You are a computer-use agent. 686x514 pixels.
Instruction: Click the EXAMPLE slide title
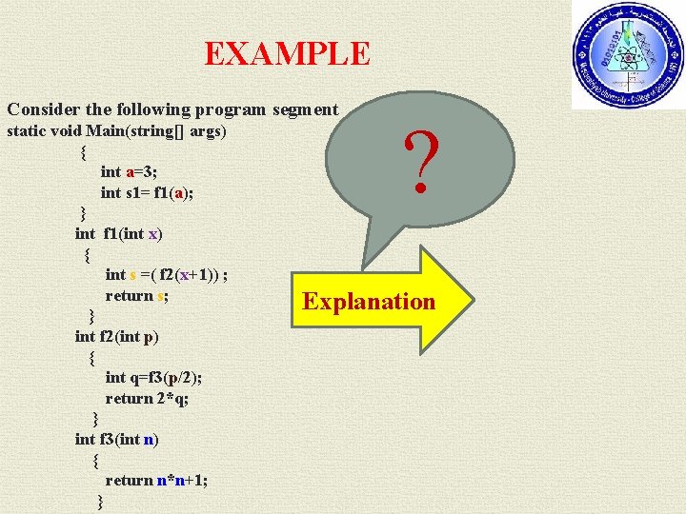click(x=287, y=52)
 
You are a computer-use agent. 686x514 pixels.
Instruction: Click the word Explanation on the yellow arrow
click(x=368, y=302)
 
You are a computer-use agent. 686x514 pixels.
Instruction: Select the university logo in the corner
click(x=628, y=54)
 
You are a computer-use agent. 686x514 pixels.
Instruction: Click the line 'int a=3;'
click(x=130, y=172)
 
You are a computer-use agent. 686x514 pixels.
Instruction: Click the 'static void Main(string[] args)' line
click(x=116, y=130)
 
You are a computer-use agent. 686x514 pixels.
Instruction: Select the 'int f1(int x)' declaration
click(x=122, y=233)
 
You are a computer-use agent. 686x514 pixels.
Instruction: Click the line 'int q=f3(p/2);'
click(x=152, y=377)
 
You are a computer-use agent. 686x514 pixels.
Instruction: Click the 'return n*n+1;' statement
click(x=156, y=480)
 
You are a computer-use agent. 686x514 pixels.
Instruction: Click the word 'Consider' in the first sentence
click(x=40, y=109)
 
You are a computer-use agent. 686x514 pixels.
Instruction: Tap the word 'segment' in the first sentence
click(x=304, y=109)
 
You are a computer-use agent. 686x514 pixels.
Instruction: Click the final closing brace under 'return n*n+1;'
click(x=101, y=502)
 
